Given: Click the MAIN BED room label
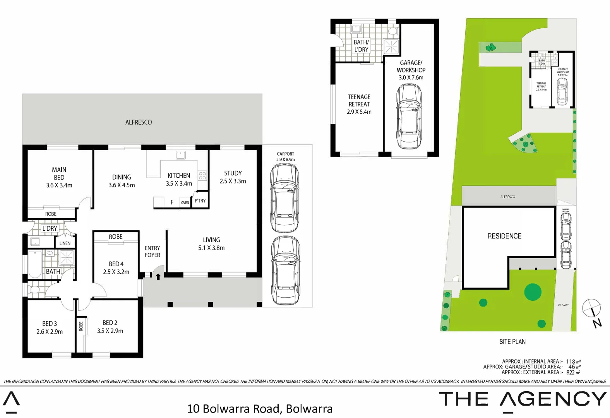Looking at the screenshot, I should pyautogui.click(x=59, y=173).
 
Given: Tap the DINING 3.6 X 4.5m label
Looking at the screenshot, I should pyautogui.click(x=122, y=181).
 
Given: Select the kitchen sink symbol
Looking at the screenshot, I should pyautogui.click(x=180, y=155).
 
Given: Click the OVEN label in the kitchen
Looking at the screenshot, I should pyautogui.click(x=185, y=202).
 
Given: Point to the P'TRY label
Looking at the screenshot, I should pyautogui.click(x=200, y=201).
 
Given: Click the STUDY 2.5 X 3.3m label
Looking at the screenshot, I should pyautogui.click(x=233, y=177).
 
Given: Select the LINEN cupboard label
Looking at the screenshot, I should pyautogui.click(x=65, y=243).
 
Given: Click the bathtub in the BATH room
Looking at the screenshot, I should pyautogui.click(x=35, y=264).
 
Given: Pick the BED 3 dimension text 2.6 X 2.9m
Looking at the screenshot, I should pyautogui.click(x=50, y=332).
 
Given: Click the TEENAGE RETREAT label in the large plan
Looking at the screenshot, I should pyautogui.click(x=359, y=101).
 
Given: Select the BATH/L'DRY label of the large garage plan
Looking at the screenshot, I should pyautogui.click(x=361, y=46).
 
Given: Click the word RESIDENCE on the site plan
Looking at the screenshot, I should pyautogui.click(x=504, y=236).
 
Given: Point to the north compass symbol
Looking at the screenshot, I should pyautogui.click(x=592, y=308).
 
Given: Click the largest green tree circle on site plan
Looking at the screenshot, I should pyautogui.click(x=533, y=292).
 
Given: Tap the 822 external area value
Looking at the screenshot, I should pyautogui.click(x=571, y=372).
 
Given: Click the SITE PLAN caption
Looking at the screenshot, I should pyautogui.click(x=512, y=342).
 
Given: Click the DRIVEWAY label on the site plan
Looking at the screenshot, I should pyautogui.click(x=563, y=305).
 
